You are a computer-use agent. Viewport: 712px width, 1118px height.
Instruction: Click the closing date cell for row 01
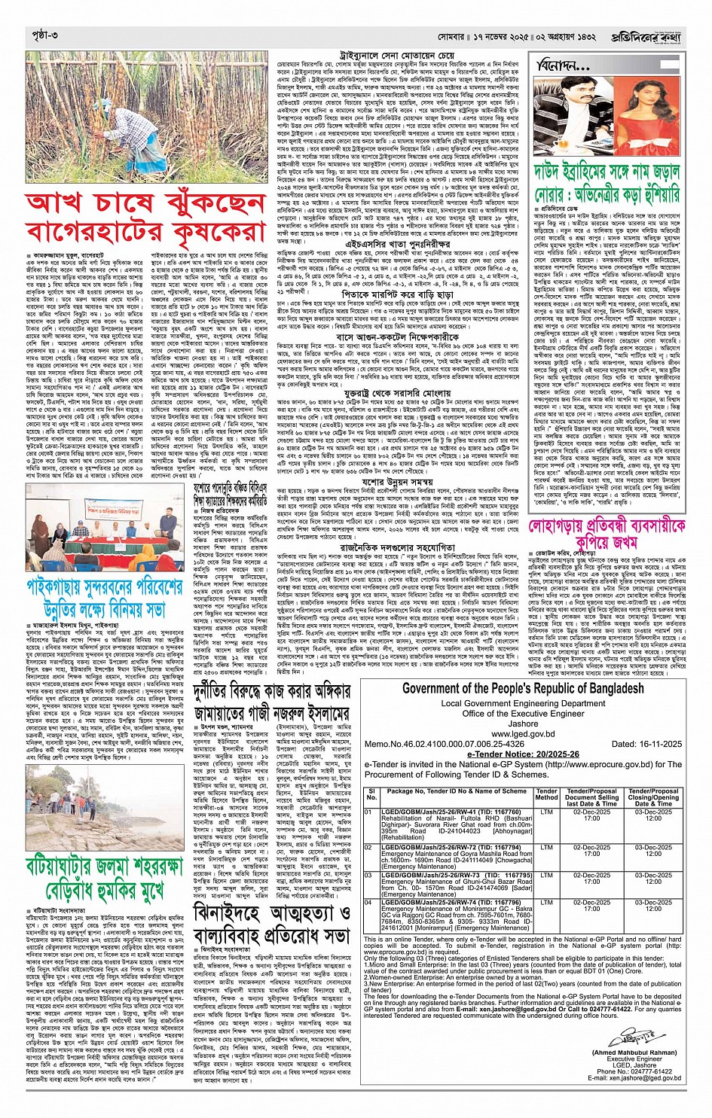pyautogui.click(x=653, y=816)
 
